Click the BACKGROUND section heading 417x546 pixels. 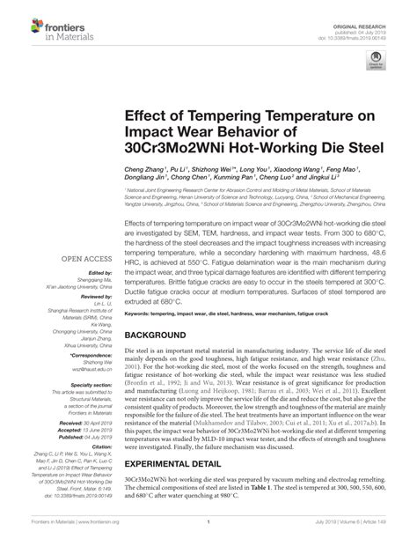(x=165, y=336)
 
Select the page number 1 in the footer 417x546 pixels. (x=208, y=534)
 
